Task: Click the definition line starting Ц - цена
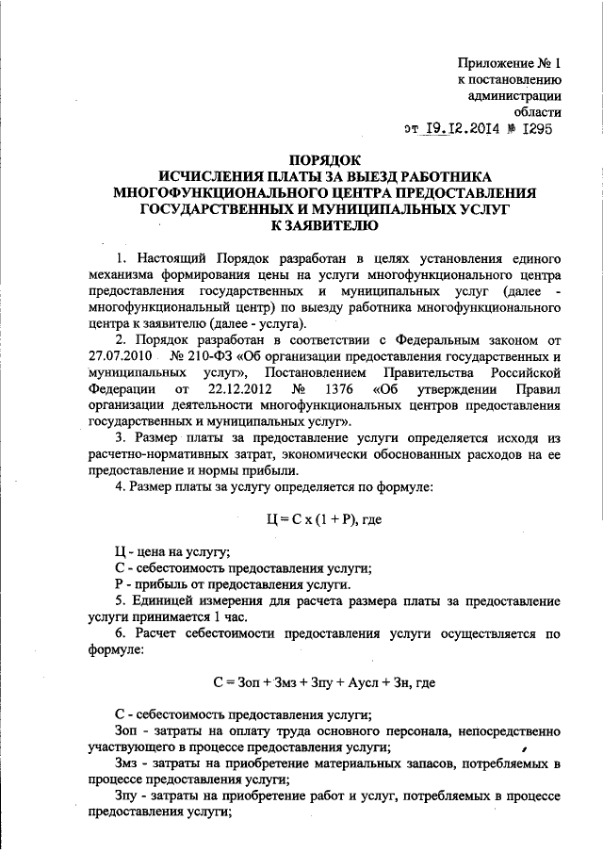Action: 171,551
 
